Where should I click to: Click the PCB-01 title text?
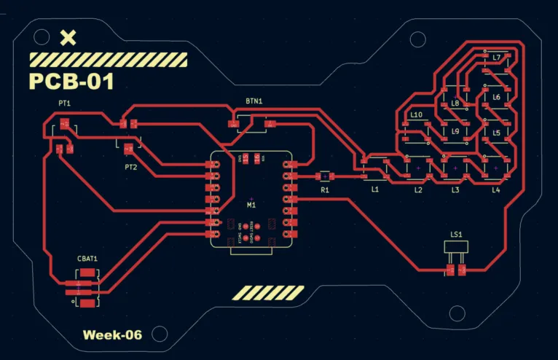click(x=71, y=81)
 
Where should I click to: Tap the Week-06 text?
click(x=112, y=335)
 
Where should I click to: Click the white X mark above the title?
click(x=68, y=38)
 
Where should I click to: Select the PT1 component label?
click(x=65, y=104)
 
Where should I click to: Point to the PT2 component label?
click(x=131, y=167)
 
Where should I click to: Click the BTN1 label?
click(x=254, y=101)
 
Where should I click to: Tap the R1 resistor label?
click(x=325, y=190)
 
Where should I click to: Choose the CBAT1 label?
click(x=87, y=259)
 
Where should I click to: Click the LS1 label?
click(x=457, y=235)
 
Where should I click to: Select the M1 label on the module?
click(x=252, y=206)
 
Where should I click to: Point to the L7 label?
click(x=497, y=57)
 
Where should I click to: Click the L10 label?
click(x=416, y=115)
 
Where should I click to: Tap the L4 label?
click(x=495, y=190)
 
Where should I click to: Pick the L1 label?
click(x=375, y=189)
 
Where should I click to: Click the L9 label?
click(x=455, y=132)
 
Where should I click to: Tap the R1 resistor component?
click(x=325, y=176)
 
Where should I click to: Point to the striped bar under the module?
click(x=267, y=293)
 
